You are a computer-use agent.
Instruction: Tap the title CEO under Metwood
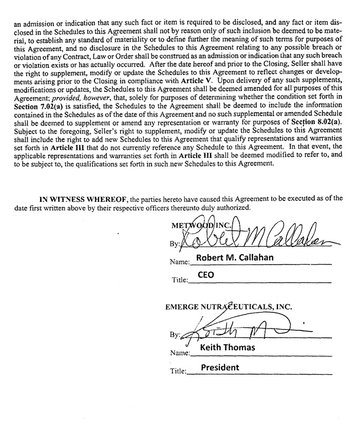[x=206, y=275]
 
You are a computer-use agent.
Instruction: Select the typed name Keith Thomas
[x=227, y=347]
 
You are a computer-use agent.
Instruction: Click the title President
[x=220, y=367]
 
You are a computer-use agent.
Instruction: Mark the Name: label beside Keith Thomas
[x=180, y=353]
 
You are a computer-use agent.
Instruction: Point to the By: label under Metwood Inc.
[x=174, y=244]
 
